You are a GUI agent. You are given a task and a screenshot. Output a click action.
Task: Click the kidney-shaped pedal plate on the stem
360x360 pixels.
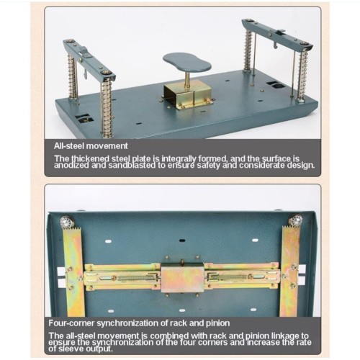click(187, 62)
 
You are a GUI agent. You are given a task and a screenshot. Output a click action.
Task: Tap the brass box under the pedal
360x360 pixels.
click(187, 94)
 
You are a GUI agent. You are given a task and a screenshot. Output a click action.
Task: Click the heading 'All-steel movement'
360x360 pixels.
click(91, 146)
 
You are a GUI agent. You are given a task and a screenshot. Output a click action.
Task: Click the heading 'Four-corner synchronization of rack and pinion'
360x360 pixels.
click(139, 323)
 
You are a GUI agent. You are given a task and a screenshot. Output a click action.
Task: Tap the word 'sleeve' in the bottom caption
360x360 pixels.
click(71, 348)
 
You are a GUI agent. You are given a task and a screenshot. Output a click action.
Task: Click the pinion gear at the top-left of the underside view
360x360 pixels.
click(67, 222)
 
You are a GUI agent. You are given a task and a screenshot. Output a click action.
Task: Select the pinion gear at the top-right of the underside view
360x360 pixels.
click(295, 220)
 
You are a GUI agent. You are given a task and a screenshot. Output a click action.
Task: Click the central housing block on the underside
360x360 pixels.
click(182, 278)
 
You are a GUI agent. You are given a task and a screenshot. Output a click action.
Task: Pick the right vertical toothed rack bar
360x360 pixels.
click(290, 271)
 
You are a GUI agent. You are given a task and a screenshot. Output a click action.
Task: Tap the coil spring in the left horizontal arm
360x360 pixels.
click(135, 278)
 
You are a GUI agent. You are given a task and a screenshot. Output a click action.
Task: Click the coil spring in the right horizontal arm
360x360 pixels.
click(230, 277)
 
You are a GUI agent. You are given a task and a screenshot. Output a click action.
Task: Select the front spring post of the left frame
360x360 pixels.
click(107, 108)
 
